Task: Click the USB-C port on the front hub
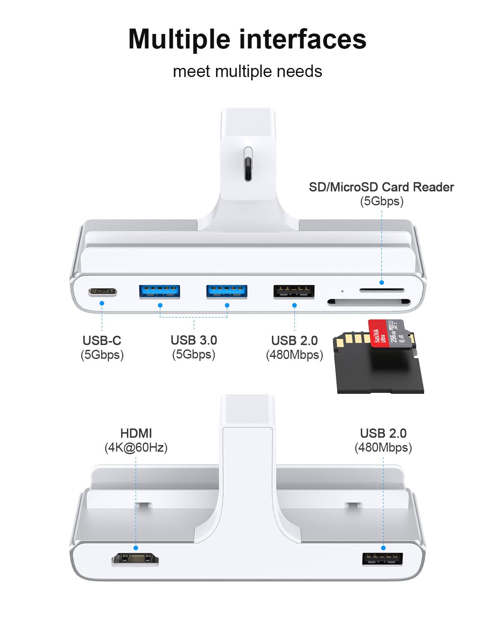tap(102, 292)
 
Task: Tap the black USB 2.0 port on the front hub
tap(294, 291)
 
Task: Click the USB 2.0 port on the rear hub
tap(383, 559)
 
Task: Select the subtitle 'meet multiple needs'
tap(247, 71)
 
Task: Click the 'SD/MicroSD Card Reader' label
tap(381, 187)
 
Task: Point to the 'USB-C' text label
tap(102, 340)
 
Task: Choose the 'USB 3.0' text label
tap(193, 340)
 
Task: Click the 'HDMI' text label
tap(136, 433)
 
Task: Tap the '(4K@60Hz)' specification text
tap(136, 448)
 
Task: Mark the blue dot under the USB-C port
tap(102, 303)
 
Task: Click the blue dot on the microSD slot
tap(382, 282)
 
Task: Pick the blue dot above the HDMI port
tap(136, 548)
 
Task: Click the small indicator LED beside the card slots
tap(342, 291)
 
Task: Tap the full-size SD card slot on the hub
tap(369, 302)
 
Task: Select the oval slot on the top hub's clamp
tap(248, 164)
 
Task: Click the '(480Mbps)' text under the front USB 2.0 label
tap(294, 355)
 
